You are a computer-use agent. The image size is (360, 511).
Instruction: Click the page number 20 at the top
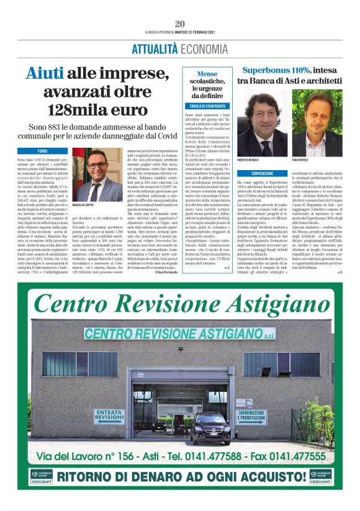tap(179, 24)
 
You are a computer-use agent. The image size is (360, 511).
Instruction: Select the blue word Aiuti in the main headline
tap(45, 74)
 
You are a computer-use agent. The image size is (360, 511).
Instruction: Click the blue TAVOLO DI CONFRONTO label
tap(206, 106)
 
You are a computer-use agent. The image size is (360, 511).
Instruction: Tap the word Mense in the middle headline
tap(206, 73)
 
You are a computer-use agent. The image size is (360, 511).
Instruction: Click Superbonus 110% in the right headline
tap(275, 70)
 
